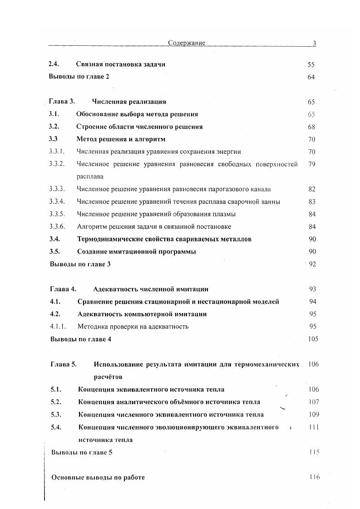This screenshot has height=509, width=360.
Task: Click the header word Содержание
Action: click(x=186, y=43)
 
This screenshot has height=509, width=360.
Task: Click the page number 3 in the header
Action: click(x=314, y=43)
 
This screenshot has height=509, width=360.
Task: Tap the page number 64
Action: click(x=311, y=77)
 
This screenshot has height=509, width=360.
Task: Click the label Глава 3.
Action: click(x=61, y=102)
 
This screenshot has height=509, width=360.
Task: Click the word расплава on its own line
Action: click(x=90, y=176)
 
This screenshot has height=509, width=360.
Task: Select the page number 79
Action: click(x=311, y=164)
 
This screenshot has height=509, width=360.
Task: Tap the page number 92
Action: click(x=312, y=264)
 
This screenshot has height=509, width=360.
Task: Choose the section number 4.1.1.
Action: click(x=58, y=326)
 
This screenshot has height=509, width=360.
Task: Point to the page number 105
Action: click(x=313, y=338)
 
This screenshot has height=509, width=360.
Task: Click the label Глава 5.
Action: click(x=64, y=364)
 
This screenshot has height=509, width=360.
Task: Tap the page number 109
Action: click(x=313, y=414)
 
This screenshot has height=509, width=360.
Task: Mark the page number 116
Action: click(x=314, y=477)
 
